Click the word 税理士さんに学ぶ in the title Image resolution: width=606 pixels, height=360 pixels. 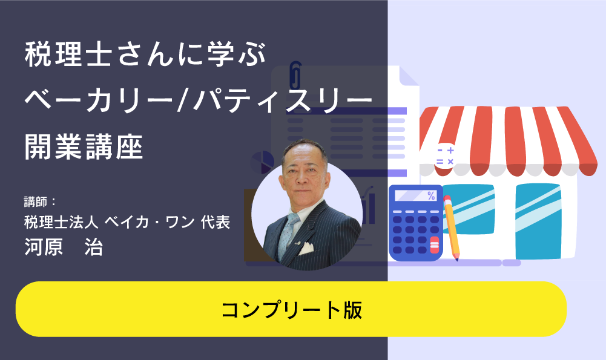coord(145,54)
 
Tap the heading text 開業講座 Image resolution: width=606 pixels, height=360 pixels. coord(84,147)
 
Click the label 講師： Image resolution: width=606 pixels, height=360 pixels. coord(41,201)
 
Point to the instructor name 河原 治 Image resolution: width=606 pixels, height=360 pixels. coord(64,247)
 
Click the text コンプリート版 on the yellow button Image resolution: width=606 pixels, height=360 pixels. coord(292,310)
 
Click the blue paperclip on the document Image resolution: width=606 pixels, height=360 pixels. coord(295,74)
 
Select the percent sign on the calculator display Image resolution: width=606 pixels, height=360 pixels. coord(431,195)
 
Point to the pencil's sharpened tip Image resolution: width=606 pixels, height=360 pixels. coord(457,259)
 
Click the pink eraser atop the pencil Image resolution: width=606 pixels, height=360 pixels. coord(447,199)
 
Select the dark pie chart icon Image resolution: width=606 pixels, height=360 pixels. coord(262,163)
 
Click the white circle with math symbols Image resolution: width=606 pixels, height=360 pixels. coord(445,155)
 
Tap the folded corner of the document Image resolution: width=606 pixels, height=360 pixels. coord(409,76)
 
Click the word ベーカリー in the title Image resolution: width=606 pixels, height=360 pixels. coord(98,100)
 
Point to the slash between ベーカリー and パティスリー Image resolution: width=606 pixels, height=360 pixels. coord(182,100)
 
